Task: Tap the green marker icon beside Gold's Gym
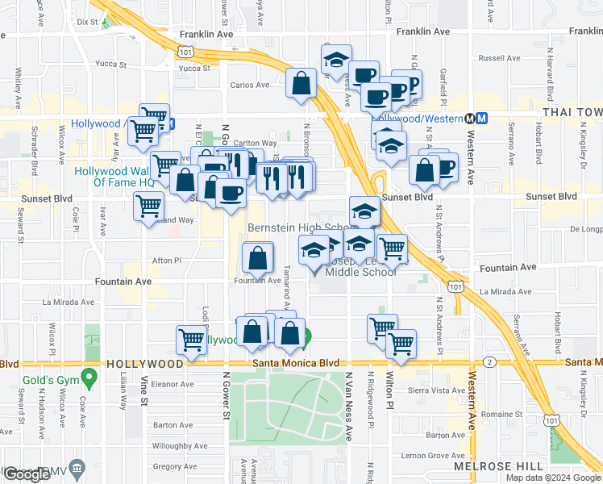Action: (90, 376)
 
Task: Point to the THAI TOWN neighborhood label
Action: (572, 113)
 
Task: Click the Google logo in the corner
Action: (27, 474)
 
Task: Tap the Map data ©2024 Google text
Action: (552, 478)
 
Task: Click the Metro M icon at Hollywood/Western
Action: (481, 118)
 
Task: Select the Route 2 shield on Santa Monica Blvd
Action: (489, 362)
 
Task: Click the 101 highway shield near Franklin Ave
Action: (186, 52)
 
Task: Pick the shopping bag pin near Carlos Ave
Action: (301, 82)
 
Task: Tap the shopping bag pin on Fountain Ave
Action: (257, 259)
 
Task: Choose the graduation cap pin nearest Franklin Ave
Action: (336, 59)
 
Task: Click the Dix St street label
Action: (86, 23)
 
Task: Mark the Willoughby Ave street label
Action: (181, 445)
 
